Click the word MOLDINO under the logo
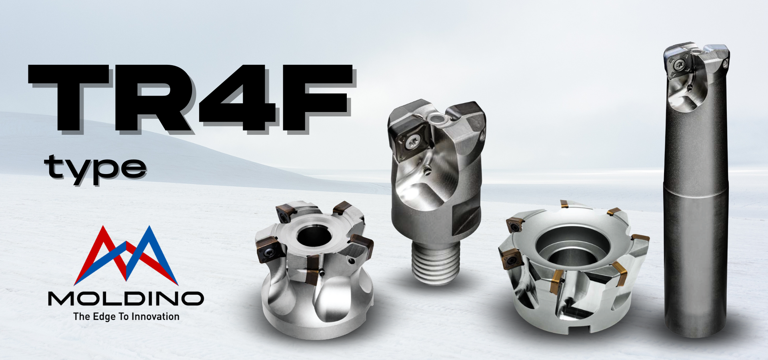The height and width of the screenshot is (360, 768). [x=126, y=298]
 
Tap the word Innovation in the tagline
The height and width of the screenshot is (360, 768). [x=155, y=317]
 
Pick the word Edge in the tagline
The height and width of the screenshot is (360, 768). [x=104, y=317]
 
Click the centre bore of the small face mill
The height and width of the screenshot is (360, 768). [x=314, y=236]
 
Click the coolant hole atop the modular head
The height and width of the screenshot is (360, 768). [x=439, y=118]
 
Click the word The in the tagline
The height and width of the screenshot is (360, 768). [x=81, y=317]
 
